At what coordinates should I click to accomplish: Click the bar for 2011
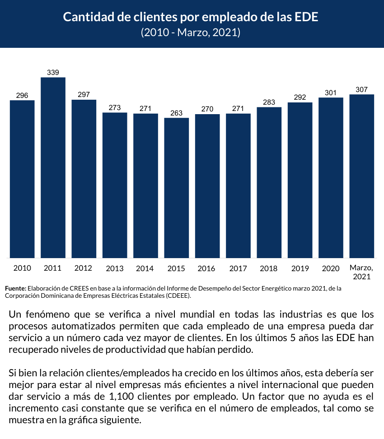tap(53, 167)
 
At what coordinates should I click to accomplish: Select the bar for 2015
tap(176, 188)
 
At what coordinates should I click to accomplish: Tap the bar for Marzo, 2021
tap(361, 176)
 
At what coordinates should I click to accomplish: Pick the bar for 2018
tap(269, 182)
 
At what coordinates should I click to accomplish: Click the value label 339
tap(53, 72)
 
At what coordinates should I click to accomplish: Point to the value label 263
tap(176, 113)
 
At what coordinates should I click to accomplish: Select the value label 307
tap(361, 89)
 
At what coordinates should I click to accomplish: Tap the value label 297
tap(84, 94)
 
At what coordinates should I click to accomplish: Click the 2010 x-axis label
tap(22, 268)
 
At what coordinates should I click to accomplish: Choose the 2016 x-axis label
tap(206, 268)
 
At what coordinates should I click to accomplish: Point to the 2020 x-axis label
tap(331, 268)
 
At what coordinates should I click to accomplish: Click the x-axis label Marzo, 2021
tap(361, 272)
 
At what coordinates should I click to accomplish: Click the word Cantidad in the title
tap(85, 17)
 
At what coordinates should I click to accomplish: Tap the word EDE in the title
tap(308, 17)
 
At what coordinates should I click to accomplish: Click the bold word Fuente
tap(15, 288)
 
